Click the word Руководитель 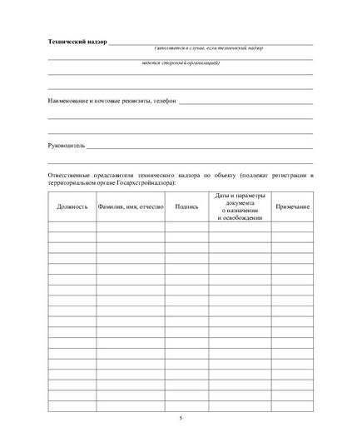pos(66,145)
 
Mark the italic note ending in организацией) pos(180,63)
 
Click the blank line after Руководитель pos(200,147)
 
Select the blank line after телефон pos(245,103)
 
